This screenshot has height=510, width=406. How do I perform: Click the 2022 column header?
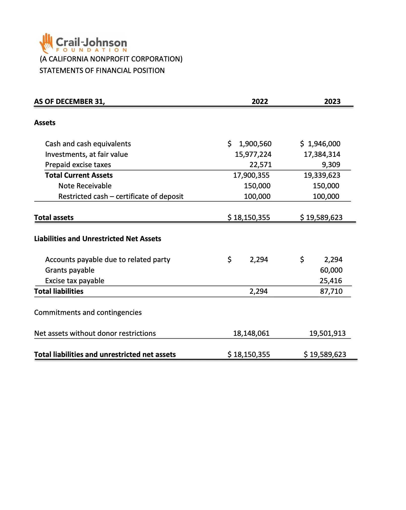click(260, 101)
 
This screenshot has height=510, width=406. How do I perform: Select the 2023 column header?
click(332, 101)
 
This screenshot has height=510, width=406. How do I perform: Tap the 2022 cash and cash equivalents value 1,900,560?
click(255, 144)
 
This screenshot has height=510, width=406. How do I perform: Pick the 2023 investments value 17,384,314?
click(322, 154)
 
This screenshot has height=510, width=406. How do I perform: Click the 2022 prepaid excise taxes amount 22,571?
click(260, 165)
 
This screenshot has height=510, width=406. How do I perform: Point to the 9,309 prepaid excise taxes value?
click(331, 165)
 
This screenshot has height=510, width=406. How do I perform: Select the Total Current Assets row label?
click(79, 175)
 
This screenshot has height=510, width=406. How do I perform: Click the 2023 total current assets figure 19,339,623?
click(322, 175)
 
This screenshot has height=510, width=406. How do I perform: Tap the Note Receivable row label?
click(85, 186)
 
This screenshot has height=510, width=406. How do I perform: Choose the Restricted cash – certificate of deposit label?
click(121, 196)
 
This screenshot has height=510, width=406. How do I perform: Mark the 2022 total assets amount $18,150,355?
click(249, 217)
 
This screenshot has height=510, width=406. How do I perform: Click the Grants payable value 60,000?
click(331, 270)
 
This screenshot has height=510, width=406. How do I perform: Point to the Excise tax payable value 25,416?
click(331, 281)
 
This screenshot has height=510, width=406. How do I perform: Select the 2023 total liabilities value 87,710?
click(331, 291)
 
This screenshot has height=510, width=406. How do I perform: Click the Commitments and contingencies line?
click(88, 312)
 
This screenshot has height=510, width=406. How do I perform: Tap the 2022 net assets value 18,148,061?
click(251, 333)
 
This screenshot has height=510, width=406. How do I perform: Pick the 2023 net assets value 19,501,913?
click(327, 333)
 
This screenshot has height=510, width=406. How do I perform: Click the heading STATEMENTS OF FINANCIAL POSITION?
click(102, 70)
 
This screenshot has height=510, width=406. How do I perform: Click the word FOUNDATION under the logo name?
click(91, 50)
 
